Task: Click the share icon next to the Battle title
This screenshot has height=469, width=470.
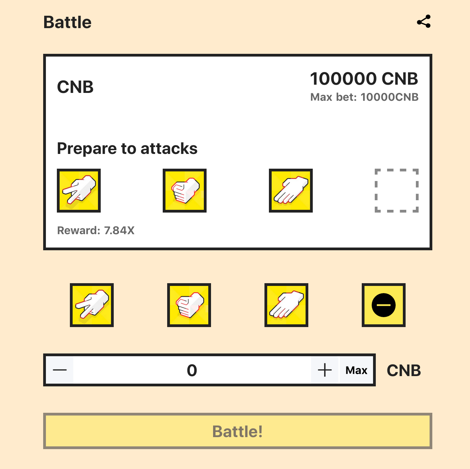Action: tap(424, 22)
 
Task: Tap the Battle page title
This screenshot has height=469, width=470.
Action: tap(67, 23)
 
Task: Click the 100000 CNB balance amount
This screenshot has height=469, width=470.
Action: tap(364, 79)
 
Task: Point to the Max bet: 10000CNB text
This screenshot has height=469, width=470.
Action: tap(364, 97)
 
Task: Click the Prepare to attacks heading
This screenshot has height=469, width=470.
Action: tap(127, 149)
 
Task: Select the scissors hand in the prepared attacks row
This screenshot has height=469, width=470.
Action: tap(79, 191)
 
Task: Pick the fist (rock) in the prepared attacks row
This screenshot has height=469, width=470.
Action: tap(185, 191)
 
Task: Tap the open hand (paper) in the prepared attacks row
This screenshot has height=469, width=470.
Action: tap(291, 191)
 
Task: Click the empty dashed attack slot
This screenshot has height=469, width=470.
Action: tap(397, 191)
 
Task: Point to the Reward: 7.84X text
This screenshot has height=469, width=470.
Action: tap(96, 230)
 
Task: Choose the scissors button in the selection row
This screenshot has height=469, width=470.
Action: tap(92, 305)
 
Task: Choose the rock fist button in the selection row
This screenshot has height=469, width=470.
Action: tap(189, 305)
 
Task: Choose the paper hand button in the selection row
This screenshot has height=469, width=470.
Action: tap(286, 305)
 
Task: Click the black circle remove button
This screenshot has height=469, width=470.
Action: tap(384, 305)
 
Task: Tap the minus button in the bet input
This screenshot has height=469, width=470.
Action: tap(60, 370)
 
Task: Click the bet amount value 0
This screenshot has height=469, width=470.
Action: tap(192, 370)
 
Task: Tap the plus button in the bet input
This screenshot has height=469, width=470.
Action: tap(325, 370)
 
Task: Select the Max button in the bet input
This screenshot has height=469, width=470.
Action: tap(356, 370)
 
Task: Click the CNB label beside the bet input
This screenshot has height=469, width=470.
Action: tap(404, 371)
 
